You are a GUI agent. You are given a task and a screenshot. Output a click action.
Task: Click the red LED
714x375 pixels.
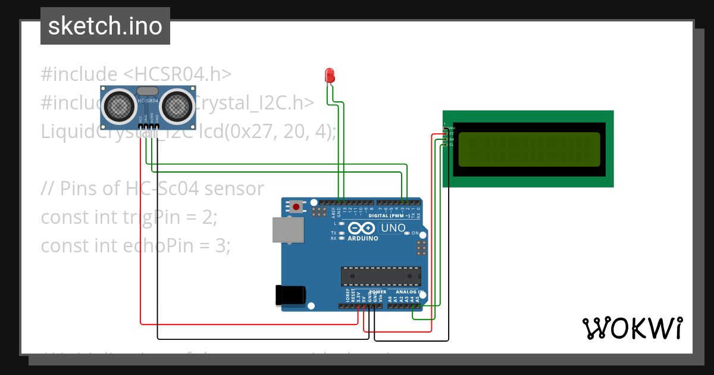click(330, 75)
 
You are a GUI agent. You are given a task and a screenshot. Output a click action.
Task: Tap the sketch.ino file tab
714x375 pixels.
click(105, 26)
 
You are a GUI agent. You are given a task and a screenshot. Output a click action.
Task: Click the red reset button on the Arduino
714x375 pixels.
click(296, 207)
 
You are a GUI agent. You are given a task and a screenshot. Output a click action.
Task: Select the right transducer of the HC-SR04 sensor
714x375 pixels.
click(177, 106)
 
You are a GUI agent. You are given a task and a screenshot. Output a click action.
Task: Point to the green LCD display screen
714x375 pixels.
click(528, 149)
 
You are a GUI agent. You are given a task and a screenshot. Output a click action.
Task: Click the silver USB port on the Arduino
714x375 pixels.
click(285, 230)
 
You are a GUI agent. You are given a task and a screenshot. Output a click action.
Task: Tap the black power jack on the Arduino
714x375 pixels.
click(290, 296)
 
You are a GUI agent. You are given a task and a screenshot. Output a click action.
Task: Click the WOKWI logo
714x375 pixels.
click(632, 328)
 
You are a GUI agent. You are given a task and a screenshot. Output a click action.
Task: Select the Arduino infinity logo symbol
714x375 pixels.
click(361, 228)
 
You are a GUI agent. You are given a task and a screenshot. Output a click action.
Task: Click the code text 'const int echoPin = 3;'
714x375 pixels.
click(136, 245)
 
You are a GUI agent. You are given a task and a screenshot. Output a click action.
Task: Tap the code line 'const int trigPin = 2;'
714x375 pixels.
click(129, 217)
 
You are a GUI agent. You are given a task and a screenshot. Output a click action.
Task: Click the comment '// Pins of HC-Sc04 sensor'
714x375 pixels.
click(152, 188)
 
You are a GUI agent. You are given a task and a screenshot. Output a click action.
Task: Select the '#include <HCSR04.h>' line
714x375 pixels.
click(136, 74)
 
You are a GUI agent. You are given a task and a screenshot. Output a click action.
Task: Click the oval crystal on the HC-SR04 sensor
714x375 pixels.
click(148, 91)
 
